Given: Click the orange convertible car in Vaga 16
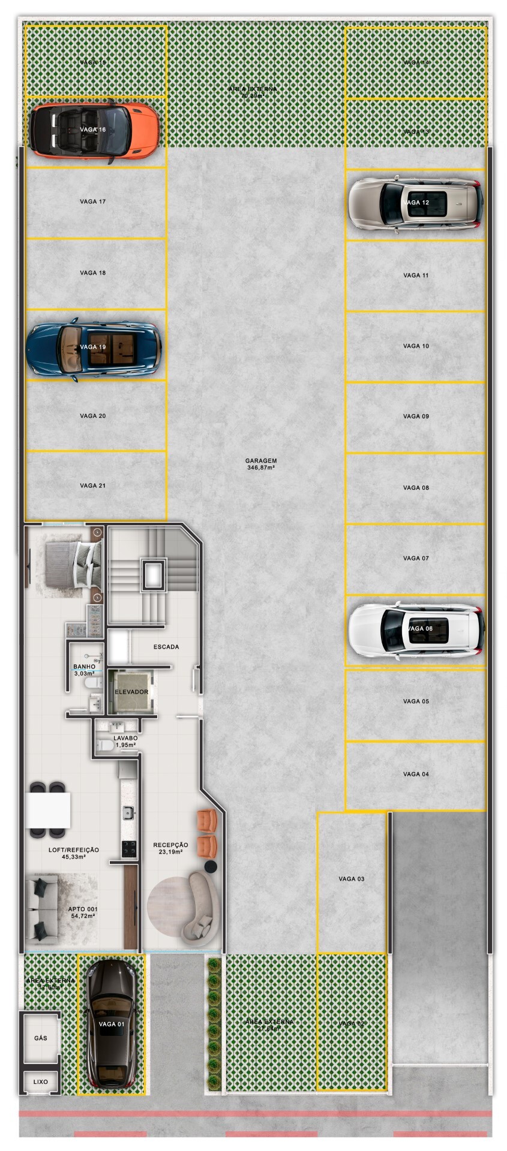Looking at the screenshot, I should pyautogui.click(x=94, y=130).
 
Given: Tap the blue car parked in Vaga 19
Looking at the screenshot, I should pyautogui.click(x=93, y=348).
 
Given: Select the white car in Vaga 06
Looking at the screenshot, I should pyautogui.click(x=416, y=630).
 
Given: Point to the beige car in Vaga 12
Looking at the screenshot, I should pyautogui.click(x=416, y=203).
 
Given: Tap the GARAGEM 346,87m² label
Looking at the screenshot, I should pyautogui.click(x=261, y=464).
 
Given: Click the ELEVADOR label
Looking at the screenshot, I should pyautogui.click(x=131, y=692).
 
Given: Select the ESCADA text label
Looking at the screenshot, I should pyautogui.click(x=166, y=647).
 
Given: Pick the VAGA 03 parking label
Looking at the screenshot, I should pyautogui.click(x=351, y=879).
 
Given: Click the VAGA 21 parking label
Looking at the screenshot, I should pyautogui.click(x=92, y=486).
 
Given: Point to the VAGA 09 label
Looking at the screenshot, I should pyautogui.click(x=416, y=416).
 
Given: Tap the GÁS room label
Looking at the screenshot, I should pyautogui.click(x=41, y=1038).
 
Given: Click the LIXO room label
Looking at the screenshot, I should pyautogui.click(x=40, y=1082).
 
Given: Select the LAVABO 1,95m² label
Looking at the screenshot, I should pyautogui.click(x=125, y=742).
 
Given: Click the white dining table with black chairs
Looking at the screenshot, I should pyautogui.click(x=48, y=809).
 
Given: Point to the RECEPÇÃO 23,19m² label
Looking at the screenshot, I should pyautogui.click(x=170, y=848).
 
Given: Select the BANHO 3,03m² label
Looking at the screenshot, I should pyautogui.click(x=84, y=670).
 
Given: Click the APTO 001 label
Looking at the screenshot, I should pyautogui.click(x=83, y=912).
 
